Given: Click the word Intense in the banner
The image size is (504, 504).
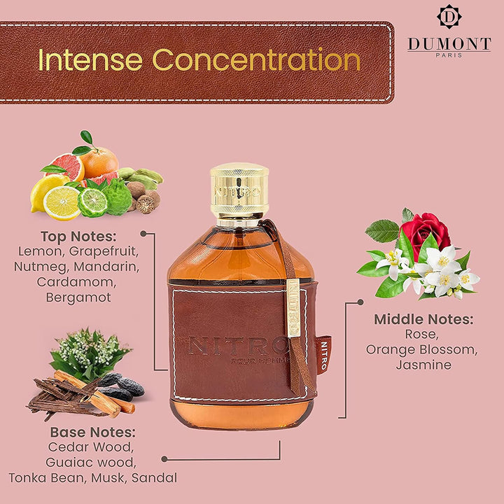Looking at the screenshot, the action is (90, 60).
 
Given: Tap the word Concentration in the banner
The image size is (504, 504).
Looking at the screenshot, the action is (256, 59).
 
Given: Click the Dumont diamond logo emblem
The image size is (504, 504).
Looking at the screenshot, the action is (449, 17).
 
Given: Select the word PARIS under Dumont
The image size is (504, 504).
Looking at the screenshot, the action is (449, 55).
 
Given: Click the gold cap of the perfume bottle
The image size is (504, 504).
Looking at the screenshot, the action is (239, 190).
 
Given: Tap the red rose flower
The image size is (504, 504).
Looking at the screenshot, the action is (425, 232).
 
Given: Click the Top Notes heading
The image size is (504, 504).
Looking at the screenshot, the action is (78, 237).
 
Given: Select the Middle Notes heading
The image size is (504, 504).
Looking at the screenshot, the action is (423, 319).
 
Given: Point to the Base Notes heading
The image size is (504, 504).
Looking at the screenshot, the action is (93, 433).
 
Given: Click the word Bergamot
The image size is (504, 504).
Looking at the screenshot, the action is (78, 297).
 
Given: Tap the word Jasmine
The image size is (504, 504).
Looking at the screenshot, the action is (423, 365).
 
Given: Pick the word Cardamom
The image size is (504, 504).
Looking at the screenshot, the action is (76, 282).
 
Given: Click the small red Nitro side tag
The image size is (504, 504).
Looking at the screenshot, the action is (324, 356).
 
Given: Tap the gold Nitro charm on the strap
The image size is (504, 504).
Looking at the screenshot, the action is (293, 308).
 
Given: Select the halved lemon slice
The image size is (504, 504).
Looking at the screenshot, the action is (62, 203).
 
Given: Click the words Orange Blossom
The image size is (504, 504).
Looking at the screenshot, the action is (421, 350).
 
